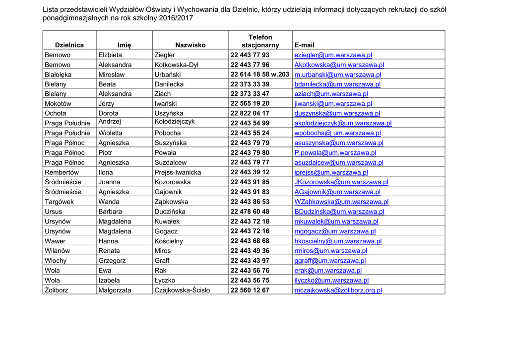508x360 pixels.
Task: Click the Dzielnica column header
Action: point(69,45)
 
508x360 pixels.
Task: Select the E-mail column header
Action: point(304,45)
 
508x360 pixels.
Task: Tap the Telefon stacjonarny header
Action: point(260,41)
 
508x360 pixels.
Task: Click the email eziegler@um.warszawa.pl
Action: point(333,55)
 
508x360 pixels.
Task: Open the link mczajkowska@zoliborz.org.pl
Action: point(338,290)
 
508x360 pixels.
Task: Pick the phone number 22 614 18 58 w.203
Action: point(260,74)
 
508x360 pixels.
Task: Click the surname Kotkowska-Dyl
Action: point(176,65)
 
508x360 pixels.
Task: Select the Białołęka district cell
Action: point(58,74)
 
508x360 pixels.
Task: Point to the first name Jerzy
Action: point(106,104)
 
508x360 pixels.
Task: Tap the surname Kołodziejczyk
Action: point(175,122)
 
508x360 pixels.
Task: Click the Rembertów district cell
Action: point(62,172)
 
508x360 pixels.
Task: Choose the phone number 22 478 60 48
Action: point(250,212)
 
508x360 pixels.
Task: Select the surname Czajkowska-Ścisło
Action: point(182,290)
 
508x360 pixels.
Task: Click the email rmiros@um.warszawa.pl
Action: point(330,251)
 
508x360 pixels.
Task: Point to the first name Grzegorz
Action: point(112,261)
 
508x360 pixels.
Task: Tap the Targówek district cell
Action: point(59,202)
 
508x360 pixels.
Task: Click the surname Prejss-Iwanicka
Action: point(178,172)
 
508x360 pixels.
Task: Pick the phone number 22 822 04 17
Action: point(250,113)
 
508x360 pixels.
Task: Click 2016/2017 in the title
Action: point(176,18)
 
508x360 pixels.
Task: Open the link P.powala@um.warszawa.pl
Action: point(335,153)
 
